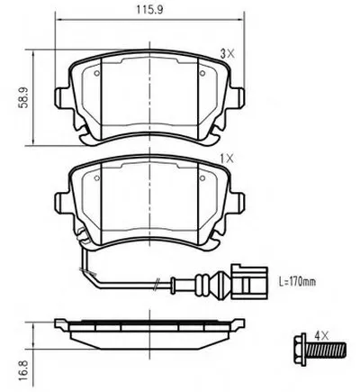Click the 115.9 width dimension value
point(150,10)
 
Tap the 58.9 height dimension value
point(22,98)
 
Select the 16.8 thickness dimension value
point(22,370)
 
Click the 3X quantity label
point(228,54)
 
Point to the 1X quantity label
point(227,159)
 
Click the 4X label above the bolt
point(321,335)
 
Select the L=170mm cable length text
point(297,282)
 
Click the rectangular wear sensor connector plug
point(249,282)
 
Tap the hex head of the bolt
point(300,351)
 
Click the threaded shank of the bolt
point(328,351)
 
